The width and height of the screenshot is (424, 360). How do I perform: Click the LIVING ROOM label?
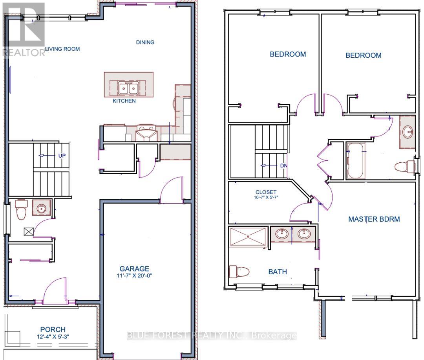pyautogui.click(x=62, y=49)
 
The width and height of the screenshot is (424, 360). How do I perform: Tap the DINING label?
pyautogui.click(x=145, y=42)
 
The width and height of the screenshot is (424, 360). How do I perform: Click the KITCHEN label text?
pyautogui.click(x=124, y=101)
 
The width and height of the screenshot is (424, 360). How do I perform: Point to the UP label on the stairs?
pyautogui.click(x=62, y=155)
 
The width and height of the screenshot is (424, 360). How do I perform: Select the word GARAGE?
pyautogui.click(x=134, y=269)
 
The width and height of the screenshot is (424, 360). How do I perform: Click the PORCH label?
pyautogui.click(x=53, y=329)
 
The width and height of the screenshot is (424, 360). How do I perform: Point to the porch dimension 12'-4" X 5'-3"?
pyautogui.click(x=53, y=336)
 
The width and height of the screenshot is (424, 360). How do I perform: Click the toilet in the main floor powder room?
pyautogui.click(x=20, y=210)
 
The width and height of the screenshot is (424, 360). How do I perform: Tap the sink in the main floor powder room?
pyautogui.click(x=40, y=208)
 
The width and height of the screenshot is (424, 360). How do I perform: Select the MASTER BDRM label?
pyautogui.click(x=374, y=219)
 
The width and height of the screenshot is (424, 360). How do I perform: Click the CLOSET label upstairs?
pyautogui.click(x=266, y=192)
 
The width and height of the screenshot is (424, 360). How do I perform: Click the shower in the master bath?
pyautogui.click(x=248, y=237)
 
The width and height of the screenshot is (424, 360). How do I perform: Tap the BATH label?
pyautogui.click(x=277, y=272)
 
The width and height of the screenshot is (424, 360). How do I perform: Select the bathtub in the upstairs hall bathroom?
pyautogui.click(x=356, y=161)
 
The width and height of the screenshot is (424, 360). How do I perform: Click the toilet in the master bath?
pyautogui.click(x=239, y=271)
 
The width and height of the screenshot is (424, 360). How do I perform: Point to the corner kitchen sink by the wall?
pyautogui.click(x=146, y=134)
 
